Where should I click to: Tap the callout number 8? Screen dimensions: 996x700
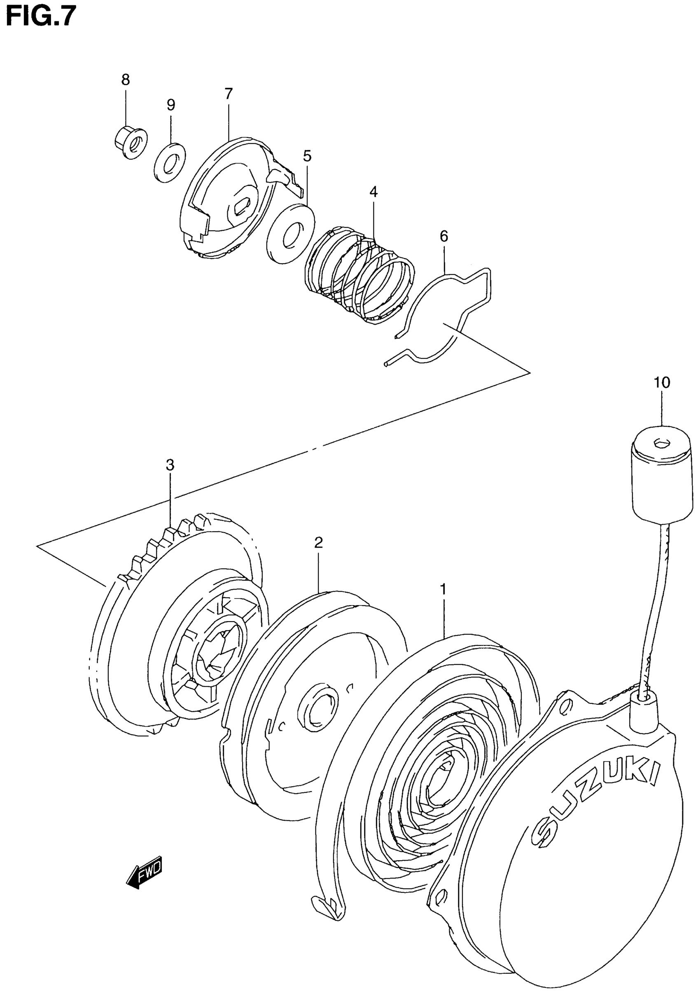click(x=126, y=80)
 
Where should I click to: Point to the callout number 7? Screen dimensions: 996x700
click(x=229, y=93)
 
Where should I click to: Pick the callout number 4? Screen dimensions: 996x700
click(x=373, y=192)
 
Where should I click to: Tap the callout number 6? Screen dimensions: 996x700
click(x=444, y=237)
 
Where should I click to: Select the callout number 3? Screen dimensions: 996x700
click(x=170, y=465)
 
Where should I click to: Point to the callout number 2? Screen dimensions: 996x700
click(x=318, y=542)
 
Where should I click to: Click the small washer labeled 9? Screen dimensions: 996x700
click(x=169, y=161)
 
